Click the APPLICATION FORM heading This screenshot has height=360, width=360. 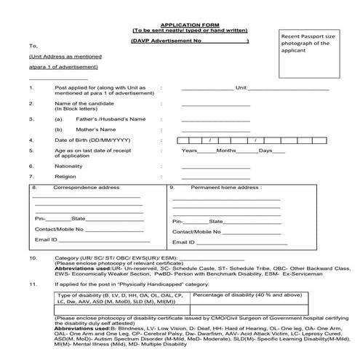point(180,24)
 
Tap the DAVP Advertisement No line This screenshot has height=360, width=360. point(190,41)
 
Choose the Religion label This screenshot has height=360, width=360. point(66,175)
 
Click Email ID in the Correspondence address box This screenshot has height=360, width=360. point(46,239)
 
